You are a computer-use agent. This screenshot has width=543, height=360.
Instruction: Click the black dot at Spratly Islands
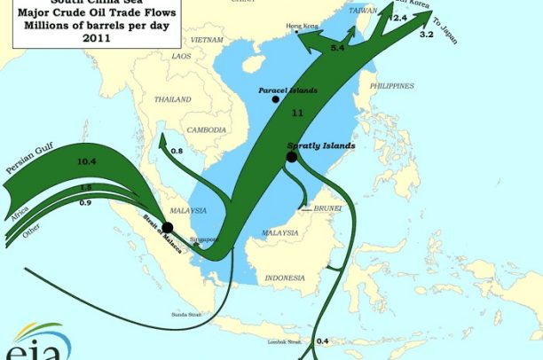(291, 157)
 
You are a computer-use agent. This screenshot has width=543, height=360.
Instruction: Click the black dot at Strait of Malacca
(167, 228)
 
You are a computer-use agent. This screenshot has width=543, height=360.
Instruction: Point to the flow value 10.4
(86, 162)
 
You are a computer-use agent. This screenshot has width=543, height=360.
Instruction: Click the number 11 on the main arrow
(297, 113)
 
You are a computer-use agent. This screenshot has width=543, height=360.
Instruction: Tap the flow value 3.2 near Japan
(426, 34)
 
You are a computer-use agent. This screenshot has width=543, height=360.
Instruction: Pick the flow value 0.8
(176, 152)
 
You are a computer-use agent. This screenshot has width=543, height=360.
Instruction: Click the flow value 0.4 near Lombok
(322, 340)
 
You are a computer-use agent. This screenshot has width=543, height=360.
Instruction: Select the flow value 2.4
(399, 18)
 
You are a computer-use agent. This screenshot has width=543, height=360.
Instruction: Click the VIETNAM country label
(206, 41)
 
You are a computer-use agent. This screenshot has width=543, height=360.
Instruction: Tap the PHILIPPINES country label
(391, 86)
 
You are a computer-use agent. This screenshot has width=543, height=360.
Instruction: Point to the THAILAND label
(173, 99)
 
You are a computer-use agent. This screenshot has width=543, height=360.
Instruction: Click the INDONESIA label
(285, 278)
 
